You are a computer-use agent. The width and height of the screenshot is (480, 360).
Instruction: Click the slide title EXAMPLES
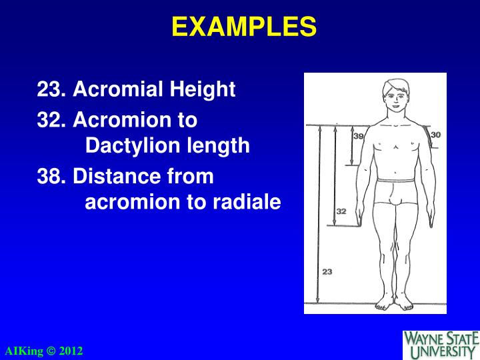point(243,27)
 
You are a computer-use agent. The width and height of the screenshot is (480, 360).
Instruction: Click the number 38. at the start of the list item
point(52,177)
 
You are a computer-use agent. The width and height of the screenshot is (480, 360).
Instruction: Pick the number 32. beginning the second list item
point(52,120)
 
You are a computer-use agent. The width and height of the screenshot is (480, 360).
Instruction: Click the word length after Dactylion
point(220,145)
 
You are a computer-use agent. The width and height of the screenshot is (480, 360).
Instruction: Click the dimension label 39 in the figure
point(358,136)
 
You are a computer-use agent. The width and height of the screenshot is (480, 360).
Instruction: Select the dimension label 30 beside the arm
point(436,135)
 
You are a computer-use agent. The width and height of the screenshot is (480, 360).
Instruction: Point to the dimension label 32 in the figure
point(341,211)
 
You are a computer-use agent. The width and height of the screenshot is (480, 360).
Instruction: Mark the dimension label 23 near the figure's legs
point(327,271)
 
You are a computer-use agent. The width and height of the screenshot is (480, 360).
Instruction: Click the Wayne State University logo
point(441,343)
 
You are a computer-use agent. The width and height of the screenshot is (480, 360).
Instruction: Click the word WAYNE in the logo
point(427,337)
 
